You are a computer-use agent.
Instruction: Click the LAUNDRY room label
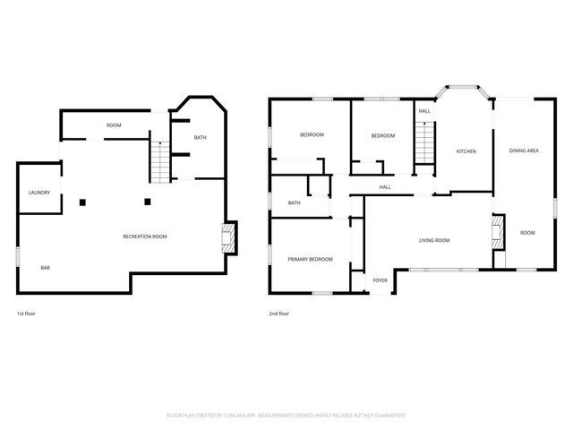(x=38, y=193)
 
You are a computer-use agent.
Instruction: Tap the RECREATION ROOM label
(x=145, y=236)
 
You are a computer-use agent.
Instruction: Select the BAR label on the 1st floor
(x=45, y=268)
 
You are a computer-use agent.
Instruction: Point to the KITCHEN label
(x=466, y=151)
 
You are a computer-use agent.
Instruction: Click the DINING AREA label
(x=524, y=151)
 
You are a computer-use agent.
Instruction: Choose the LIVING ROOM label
(x=434, y=240)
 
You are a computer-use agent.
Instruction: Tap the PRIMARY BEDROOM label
(x=310, y=259)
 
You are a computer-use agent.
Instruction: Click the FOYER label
(x=381, y=279)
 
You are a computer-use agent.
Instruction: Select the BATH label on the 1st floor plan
(x=200, y=137)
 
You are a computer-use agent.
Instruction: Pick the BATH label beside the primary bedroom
(x=294, y=203)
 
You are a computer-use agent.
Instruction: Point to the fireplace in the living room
(x=497, y=231)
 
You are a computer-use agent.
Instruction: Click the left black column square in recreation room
(x=82, y=202)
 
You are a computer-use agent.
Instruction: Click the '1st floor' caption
(x=26, y=314)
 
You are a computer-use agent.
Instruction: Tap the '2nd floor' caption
(x=279, y=314)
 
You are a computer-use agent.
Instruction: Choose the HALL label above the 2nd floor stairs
(x=424, y=111)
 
